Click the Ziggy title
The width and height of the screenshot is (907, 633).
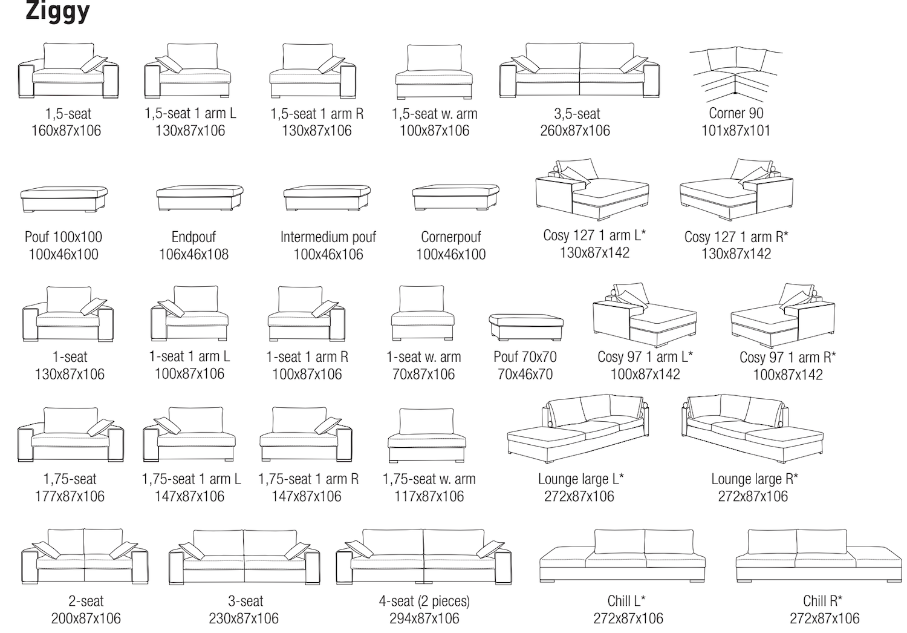pos(57,11)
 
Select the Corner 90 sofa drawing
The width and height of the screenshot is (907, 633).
pos(736,76)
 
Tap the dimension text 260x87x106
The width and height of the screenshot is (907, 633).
pos(575,131)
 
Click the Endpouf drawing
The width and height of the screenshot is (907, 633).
pos(200,198)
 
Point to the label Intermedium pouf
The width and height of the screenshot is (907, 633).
pos(328,237)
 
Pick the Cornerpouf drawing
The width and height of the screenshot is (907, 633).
pos(455,198)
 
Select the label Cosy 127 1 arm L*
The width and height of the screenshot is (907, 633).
pos(594,235)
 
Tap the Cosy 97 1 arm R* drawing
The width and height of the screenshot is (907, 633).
pos(783,315)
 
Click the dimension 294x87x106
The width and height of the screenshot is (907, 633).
pos(424,618)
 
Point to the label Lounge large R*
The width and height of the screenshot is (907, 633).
pos(754,479)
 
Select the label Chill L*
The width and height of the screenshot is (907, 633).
pos(626,601)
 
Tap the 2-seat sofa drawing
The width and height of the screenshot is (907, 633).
pos(85,557)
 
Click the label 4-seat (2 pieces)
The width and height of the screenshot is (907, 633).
pos(424,601)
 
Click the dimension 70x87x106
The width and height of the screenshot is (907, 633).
pos(423,375)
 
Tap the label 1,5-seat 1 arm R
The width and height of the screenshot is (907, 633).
pos(317,114)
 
